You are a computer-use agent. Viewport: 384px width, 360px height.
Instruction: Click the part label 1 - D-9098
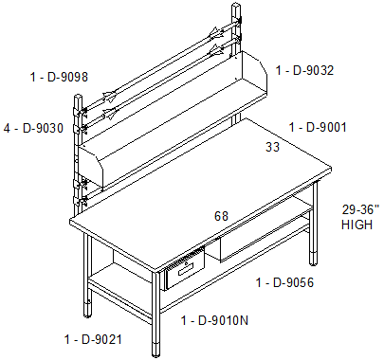coord(59,77)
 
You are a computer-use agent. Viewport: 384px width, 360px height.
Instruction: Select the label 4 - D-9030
coord(33,128)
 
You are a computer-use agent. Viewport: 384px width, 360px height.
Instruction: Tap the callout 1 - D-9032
coord(304,70)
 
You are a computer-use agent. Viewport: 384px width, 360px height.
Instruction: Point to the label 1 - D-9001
coord(318,127)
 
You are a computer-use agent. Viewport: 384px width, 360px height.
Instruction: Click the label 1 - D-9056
coord(284,282)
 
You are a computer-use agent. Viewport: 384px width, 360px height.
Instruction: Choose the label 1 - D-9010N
coord(214,320)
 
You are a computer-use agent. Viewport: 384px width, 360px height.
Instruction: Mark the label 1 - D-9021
coord(93,339)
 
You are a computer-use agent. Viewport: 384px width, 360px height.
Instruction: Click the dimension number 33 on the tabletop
coord(272,147)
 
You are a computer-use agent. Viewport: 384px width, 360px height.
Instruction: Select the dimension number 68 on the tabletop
coord(221,216)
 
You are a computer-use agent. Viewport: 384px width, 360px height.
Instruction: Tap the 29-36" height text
coord(360,209)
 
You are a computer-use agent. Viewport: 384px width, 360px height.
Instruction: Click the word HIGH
coord(357,225)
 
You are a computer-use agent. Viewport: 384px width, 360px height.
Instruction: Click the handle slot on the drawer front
coord(185,269)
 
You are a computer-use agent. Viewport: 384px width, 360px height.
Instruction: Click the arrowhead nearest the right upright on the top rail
coord(216,33)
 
